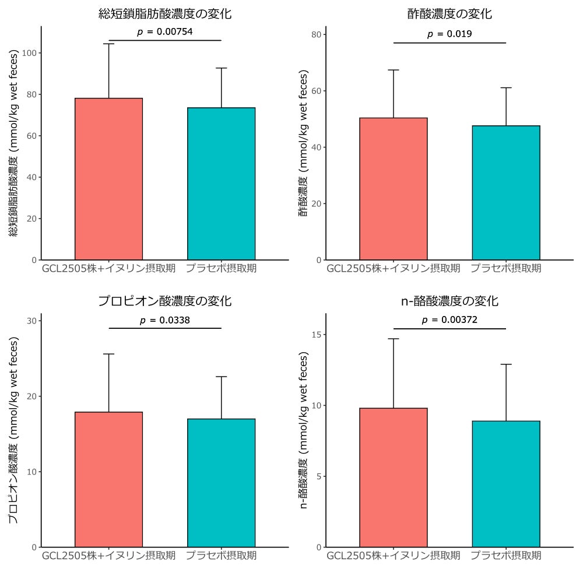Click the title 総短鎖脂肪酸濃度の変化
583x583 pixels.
click(x=165, y=14)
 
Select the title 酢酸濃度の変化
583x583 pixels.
click(x=449, y=14)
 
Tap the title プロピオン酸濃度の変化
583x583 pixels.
click(x=165, y=301)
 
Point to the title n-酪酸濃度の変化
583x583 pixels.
click(x=449, y=301)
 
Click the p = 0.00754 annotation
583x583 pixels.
click(x=165, y=31)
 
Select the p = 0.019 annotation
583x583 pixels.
click(x=449, y=34)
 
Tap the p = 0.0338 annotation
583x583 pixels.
click(x=165, y=320)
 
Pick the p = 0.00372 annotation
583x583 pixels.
click(x=449, y=320)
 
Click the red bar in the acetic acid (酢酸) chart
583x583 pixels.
click(x=393, y=189)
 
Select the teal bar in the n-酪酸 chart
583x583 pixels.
click(x=506, y=484)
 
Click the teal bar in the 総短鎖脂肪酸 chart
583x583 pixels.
click(x=222, y=184)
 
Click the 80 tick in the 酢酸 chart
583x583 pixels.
click(x=318, y=34)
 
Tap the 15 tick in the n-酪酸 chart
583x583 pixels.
click(x=318, y=335)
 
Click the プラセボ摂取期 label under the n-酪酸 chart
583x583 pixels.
click(x=506, y=556)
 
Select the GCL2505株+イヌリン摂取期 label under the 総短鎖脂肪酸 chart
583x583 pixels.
click(x=108, y=269)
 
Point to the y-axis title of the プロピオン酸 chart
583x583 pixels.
click(x=13, y=430)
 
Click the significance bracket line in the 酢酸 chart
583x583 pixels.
click(x=449, y=43)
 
